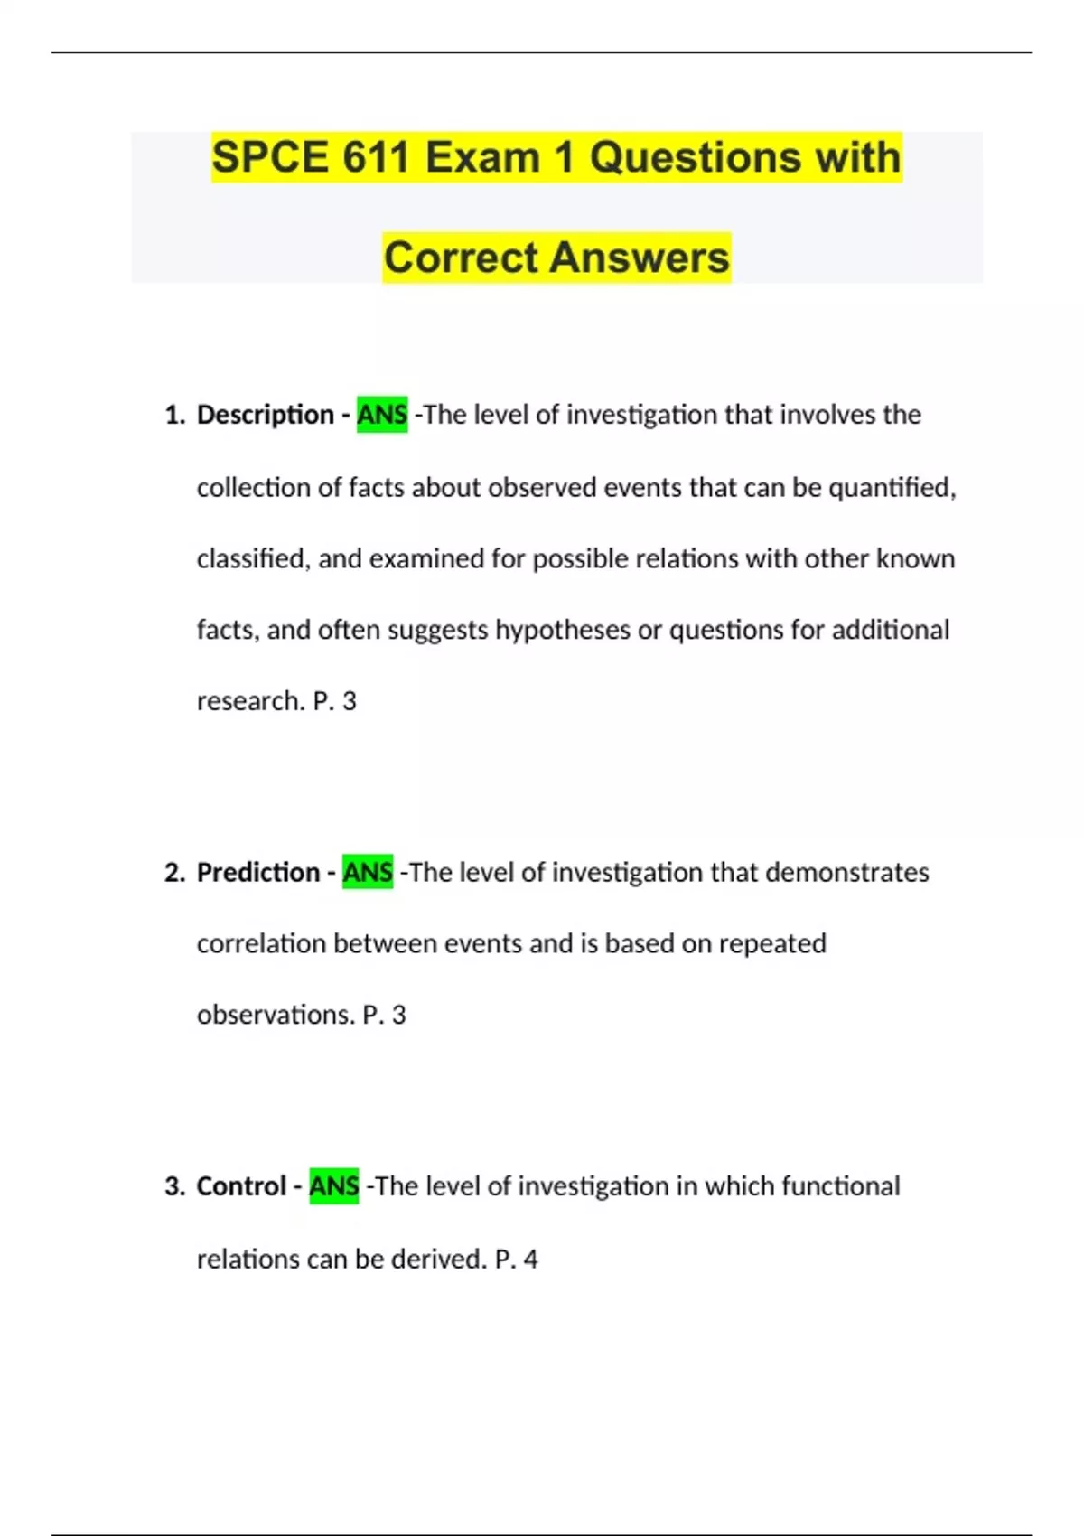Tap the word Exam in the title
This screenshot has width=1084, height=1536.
(x=482, y=157)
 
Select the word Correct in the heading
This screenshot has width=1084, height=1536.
(x=461, y=258)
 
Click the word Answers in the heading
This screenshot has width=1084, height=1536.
(x=640, y=258)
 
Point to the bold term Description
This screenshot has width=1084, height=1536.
(x=265, y=415)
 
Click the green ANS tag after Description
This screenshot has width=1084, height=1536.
(x=382, y=415)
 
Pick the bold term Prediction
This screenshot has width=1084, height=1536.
(x=258, y=872)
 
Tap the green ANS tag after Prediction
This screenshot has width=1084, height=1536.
(x=368, y=872)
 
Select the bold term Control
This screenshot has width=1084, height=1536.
(x=241, y=1185)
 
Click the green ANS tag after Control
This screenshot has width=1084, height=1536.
(x=333, y=1185)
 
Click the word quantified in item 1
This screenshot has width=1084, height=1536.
(x=891, y=488)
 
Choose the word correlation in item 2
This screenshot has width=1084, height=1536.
(x=261, y=943)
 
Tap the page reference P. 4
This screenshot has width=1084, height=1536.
(x=517, y=1259)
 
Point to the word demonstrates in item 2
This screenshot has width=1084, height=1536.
(x=846, y=872)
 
